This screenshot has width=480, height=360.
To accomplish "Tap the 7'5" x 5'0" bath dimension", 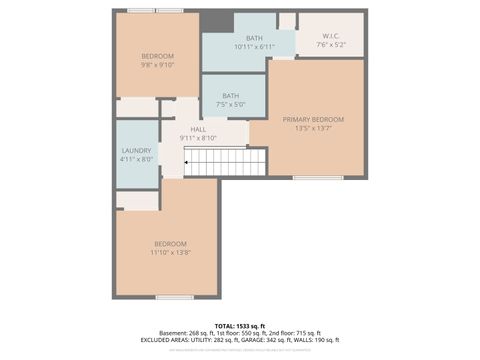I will coord(230,104).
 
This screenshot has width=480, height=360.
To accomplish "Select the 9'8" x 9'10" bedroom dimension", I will coord(157,64).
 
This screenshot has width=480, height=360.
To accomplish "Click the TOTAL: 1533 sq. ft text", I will coord(239,326).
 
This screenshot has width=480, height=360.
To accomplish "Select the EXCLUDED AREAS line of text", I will coord(239,341).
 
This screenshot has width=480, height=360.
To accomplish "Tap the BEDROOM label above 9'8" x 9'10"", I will coord(157,55).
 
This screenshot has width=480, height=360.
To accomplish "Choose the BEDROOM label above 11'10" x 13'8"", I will coord(170,244).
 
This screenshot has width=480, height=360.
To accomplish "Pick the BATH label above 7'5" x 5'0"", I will coord(230,95).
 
